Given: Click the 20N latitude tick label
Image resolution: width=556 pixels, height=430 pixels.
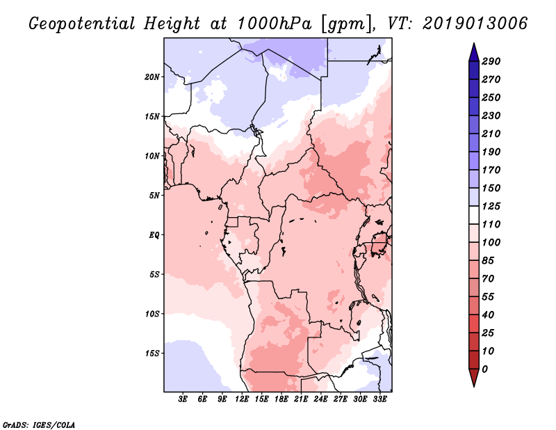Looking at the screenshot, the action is (152, 77).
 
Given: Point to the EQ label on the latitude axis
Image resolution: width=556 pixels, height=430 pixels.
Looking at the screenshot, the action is (154, 235).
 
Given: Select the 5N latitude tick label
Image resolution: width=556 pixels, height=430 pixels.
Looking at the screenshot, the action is (154, 196).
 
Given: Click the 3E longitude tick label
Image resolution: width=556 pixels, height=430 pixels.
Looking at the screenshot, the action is (183, 399).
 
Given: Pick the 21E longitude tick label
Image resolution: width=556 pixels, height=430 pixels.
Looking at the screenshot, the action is (301, 399).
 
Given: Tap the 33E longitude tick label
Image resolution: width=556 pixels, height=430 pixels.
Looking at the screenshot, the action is (379, 399).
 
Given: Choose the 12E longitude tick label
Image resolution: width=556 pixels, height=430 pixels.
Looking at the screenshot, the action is (242, 399).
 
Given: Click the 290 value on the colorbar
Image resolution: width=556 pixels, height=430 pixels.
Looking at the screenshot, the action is (491, 61).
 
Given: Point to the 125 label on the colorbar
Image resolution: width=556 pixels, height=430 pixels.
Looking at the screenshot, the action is (491, 206).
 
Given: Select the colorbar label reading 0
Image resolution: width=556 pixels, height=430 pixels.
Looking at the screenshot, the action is (484, 369).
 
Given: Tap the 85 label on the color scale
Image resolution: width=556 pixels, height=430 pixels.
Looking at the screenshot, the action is (488, 261).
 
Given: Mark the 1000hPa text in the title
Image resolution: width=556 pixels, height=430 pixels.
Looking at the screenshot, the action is (275, 24).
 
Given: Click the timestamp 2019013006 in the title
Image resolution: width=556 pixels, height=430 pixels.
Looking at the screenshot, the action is (475, 24).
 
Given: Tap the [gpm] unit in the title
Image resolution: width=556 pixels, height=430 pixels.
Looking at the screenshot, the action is (347, 24).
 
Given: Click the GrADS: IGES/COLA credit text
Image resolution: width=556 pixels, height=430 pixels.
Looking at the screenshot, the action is (39, 424).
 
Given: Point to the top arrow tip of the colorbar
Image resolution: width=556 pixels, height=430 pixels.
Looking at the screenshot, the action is (474, 43).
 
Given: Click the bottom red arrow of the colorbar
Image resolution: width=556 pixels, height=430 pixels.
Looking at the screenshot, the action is (474, 378).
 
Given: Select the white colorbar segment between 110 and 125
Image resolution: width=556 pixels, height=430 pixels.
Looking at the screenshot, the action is (474, 215).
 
